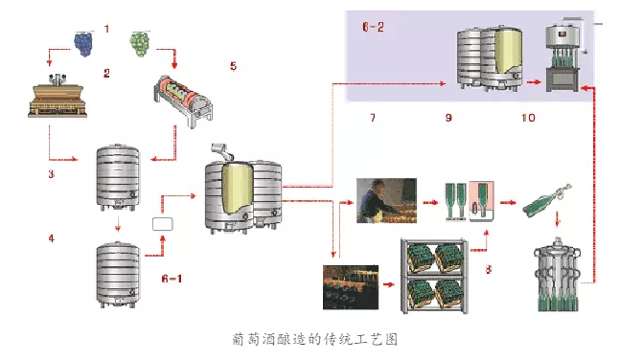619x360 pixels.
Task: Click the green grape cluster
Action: (x=141, y=42)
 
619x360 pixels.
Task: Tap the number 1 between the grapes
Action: (x=107, y=29)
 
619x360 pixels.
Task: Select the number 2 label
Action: (x=107, y=73)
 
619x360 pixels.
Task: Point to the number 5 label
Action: (x=232, y=66)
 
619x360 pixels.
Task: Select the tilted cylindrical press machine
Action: (x=187, y=102)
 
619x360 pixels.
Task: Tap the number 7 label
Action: (x=374, y=118)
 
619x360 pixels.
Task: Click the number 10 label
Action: (x=528, y=118)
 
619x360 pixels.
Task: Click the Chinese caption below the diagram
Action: (x=314, y=339)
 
